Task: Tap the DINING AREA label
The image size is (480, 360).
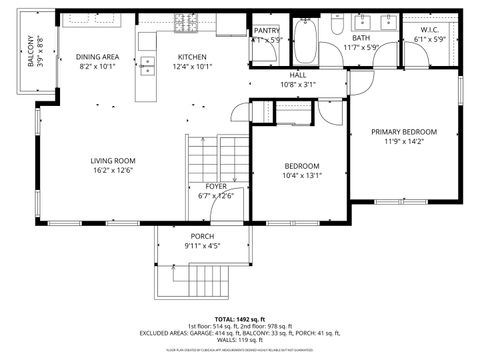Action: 97,57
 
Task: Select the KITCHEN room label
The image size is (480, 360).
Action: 193,57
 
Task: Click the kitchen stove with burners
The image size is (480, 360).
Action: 186,24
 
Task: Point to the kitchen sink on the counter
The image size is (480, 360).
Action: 148,67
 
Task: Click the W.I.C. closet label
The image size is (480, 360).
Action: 431,30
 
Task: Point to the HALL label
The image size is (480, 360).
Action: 298,75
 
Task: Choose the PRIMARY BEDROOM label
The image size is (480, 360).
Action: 404,132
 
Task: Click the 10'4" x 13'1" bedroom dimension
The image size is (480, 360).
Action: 301,176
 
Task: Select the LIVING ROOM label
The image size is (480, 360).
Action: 113,160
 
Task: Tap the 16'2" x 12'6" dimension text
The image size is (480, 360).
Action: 113,171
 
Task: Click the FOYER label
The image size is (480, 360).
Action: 216,186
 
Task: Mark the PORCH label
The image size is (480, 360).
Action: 203,236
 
